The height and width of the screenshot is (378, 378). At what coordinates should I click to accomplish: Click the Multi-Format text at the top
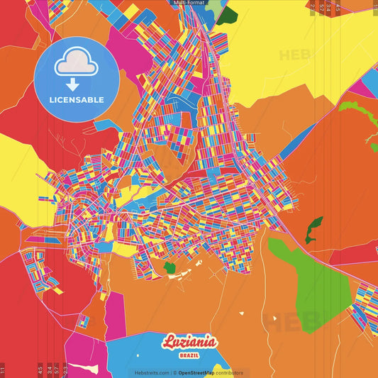point(189,3)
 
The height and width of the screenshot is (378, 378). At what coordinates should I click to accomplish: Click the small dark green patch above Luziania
point(169,267)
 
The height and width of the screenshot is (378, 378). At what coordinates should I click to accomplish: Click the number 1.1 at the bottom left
point(3,369)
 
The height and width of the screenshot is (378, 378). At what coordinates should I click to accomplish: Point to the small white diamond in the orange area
point(241,313)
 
